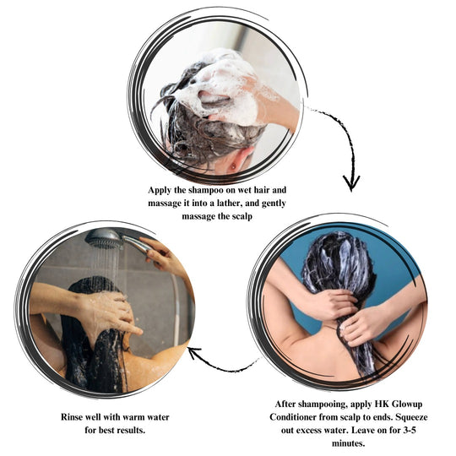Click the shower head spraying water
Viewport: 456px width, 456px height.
[x=104, y=239]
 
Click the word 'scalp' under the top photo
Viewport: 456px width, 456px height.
[x=242, y=217]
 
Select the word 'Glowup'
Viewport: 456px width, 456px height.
[x=407, y=404]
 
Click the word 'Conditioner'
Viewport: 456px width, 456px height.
[x=293, y=417]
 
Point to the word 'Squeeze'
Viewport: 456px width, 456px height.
[x=411, y=418]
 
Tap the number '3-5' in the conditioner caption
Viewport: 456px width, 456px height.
[x=410, y=430]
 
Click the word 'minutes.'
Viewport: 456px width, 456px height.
[x=349, y=443]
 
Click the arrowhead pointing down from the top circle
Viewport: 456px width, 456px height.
[x=351, y=183]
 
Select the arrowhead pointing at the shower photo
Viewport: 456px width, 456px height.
[x=194, y=352]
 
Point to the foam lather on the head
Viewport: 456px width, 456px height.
[x=222, y=87]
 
